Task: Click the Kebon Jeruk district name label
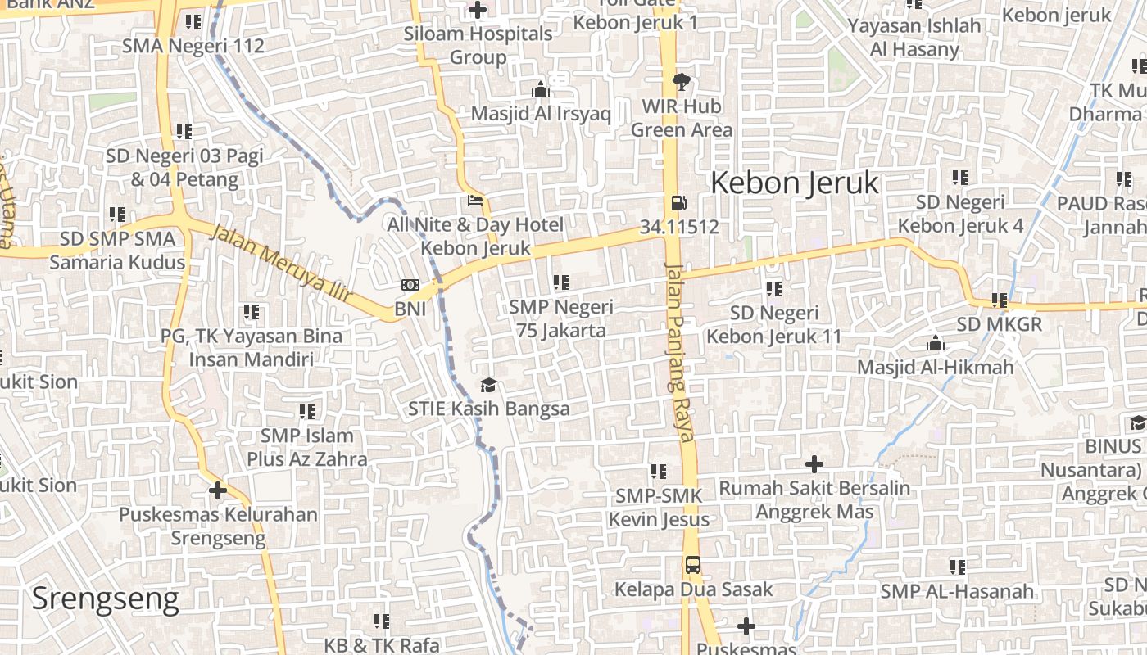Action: pyautogui.click(x=794, y=183)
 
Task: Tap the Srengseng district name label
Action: pyautogui.click(x=105, y=599)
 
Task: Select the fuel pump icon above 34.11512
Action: pyautogui.click(x=678, y=202)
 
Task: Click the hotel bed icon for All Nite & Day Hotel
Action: pyautogui.click(x=475, y=201)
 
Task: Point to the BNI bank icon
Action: pyautogui.click(x=410, y=285)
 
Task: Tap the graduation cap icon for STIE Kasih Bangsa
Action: pyautogui.click(x=488, y=385)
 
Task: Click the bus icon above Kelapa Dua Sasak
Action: pyautogui.click(x=693, y=565)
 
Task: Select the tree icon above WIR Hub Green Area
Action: pyautogui.click(x=681, y=81)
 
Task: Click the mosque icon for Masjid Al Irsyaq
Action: pyautogui.click(x=541, y=89)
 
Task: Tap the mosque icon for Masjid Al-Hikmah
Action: pyautogui.click(x=935, y=343)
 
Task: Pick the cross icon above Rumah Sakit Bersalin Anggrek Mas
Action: pyautogui.click(x=814, y=464)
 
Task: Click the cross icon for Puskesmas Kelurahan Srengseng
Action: pyautogui.click(x=217, y=490)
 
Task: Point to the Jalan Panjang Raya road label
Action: pyautogui.click(x=680, y=352)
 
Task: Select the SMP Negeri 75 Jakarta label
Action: pyautogui.click(x=561, y=318)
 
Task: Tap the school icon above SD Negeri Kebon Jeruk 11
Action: pyautogui.click(x=774, y=288)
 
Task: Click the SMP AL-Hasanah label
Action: pyautogui.click(x=957, y=591)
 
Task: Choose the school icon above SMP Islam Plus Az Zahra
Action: pyautogui.click(x=307, y=411)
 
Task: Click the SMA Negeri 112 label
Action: pyautogui.click(x=193, y=46)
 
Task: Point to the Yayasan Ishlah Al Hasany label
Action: pyautogui.click(x=914, y=37)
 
